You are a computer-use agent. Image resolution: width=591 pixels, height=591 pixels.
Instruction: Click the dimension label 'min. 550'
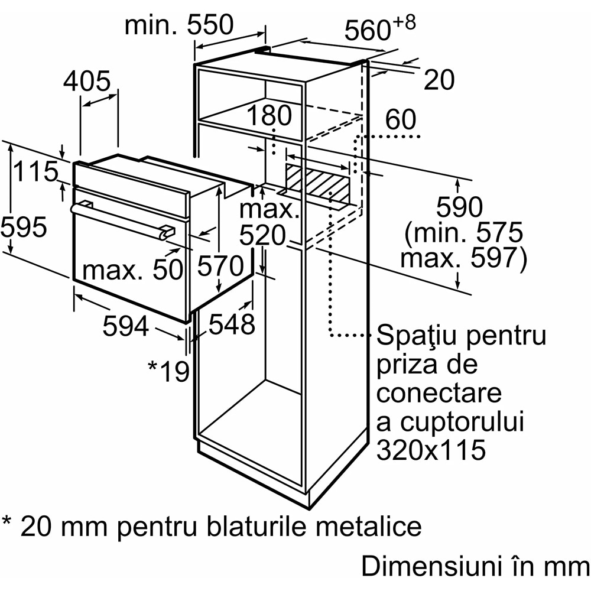179,25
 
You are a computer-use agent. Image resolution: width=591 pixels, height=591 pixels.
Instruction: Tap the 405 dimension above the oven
87,81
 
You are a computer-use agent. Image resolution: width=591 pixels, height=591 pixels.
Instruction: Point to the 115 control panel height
35,171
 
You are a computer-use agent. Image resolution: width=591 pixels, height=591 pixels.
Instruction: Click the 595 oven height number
24,227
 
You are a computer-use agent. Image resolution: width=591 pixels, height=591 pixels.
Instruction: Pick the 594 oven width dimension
126,326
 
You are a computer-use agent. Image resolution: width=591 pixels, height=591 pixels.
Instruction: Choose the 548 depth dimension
232,324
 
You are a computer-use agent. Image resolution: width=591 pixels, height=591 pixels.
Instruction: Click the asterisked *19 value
168,371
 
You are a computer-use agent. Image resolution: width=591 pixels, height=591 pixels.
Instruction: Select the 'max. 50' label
132,270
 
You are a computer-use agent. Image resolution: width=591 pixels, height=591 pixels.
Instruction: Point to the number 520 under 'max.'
263,236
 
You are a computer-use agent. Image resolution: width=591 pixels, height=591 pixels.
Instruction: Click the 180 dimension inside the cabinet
269,115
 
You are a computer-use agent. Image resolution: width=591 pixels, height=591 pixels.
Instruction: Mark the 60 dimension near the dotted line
401,119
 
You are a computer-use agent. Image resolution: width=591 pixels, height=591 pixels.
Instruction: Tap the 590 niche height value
459,206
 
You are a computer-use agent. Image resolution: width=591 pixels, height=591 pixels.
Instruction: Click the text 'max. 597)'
463,259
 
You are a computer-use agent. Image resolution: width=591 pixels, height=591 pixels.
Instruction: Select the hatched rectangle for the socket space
318,181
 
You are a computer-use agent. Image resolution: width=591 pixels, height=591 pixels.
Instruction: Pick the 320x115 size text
431,449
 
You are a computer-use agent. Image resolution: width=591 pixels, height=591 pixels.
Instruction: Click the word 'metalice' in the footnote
369,526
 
